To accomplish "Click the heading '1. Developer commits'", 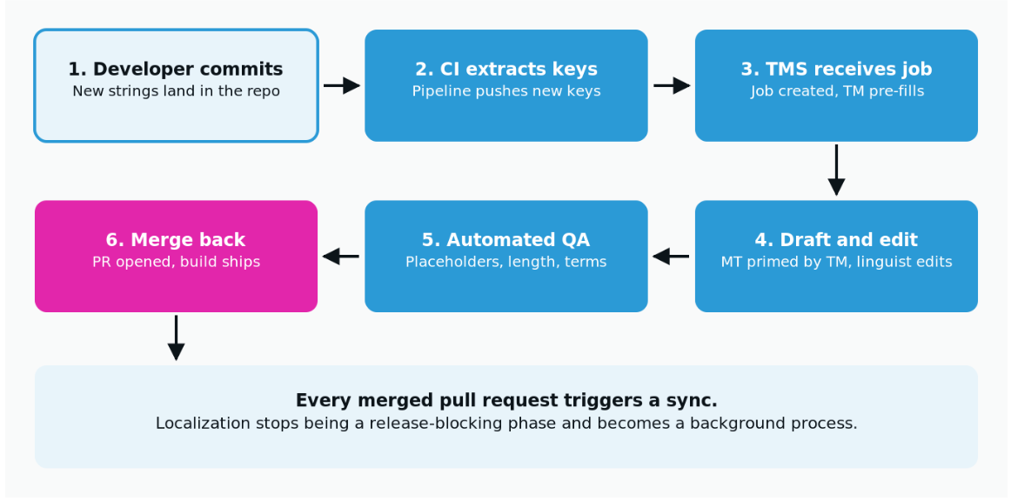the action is [x=176, y=69].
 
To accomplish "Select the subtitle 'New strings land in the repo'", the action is [x=176, y=91].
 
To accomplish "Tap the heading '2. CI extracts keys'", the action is [x=506, y=69].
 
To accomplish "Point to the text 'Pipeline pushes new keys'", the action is [x=506, y=91].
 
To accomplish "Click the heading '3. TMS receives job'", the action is [x=836, y=69].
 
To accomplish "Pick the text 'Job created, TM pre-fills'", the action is [x=837, y=91].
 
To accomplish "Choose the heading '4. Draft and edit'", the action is [x=836, y=240].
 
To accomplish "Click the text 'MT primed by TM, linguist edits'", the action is [x=836, y=262].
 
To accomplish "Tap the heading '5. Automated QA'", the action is [x=506, y=240].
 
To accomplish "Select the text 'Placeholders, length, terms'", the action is [x=506, y=262].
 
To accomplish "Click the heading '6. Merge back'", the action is [x=176, y=240].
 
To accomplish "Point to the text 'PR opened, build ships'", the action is [x=176, y=262].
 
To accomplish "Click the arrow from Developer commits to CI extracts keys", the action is [x=342, y=86].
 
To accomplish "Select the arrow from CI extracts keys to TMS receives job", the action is [x=672, y=86].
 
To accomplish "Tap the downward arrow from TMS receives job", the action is [x=836, y=170].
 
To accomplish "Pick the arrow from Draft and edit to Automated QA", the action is [x=671, y=257].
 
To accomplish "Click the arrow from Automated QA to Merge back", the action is [x=340, y=257].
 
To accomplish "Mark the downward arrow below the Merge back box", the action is [x=176, y=337].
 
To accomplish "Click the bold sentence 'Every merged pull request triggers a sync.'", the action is [x=506, y=400].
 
